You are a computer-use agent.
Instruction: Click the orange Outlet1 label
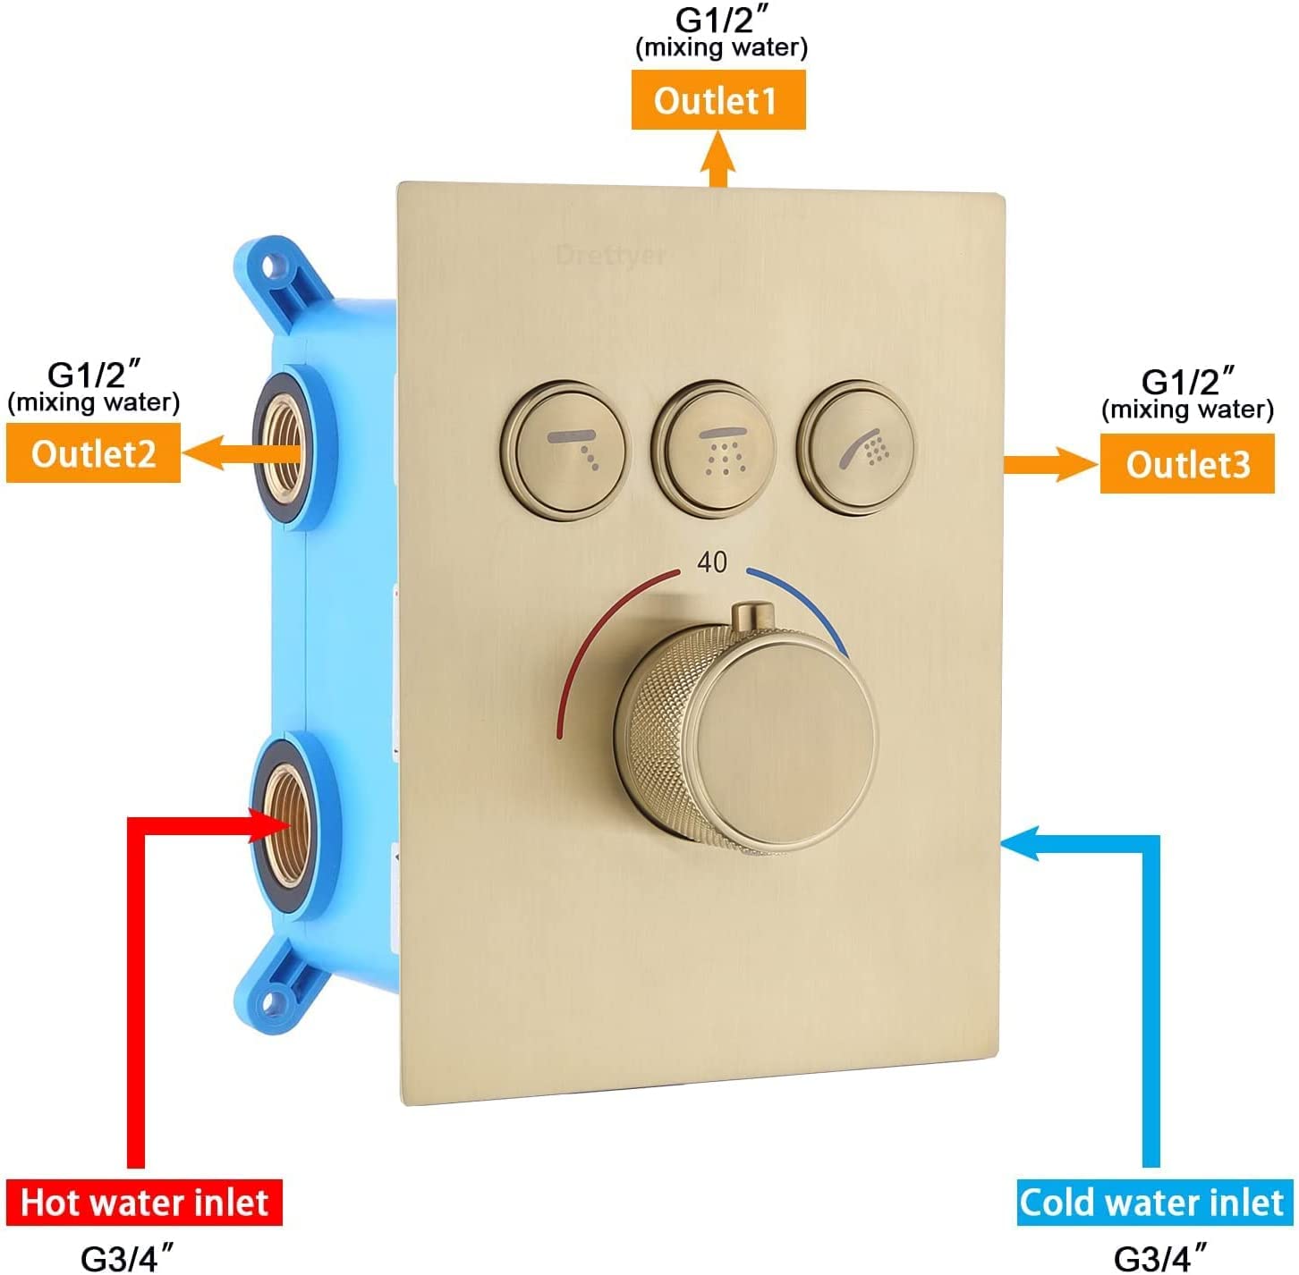point(717,100)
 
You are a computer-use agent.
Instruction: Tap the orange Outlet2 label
point(94,452)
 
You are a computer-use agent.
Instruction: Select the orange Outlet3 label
point(1187,464)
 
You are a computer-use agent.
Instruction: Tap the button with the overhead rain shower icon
point(714,449)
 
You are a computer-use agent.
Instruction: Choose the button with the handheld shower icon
point(857,447)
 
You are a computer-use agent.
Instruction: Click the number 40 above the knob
point(712,562)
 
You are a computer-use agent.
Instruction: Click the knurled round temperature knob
point(747,736)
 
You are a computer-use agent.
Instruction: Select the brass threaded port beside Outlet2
point(282,448)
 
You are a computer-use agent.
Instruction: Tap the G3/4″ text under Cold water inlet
point(1159,1256)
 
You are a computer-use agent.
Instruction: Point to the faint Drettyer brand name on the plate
point(611,256)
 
